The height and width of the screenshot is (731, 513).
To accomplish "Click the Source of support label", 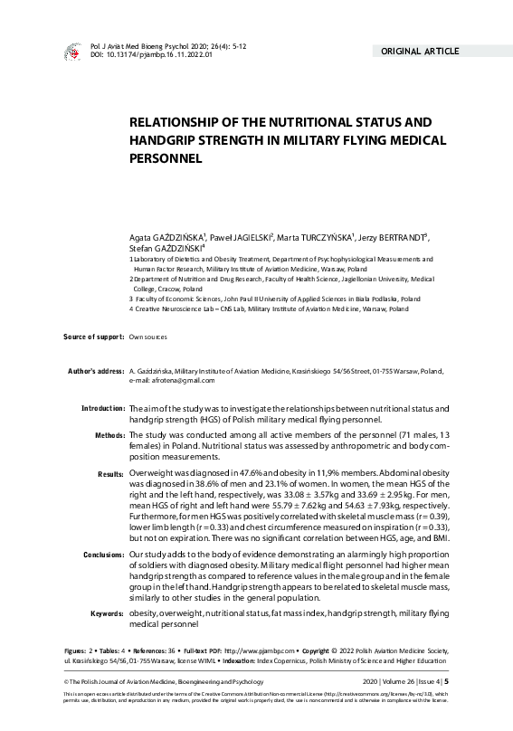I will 93,337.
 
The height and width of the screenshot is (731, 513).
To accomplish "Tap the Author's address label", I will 96,371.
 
